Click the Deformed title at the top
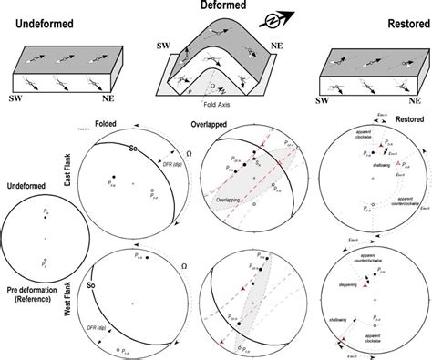[x=214, y=7]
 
